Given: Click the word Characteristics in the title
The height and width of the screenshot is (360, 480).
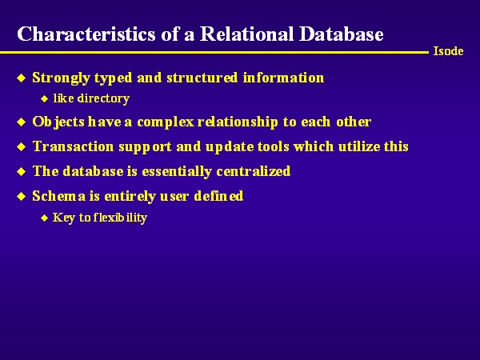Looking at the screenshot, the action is (86, 34).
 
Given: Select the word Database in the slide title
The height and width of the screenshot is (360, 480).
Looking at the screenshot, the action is (342, 34).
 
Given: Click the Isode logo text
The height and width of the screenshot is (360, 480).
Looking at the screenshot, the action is (448, 51).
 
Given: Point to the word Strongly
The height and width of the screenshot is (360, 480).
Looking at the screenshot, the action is (61, 78).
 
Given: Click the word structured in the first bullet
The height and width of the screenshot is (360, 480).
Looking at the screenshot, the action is (202, 78).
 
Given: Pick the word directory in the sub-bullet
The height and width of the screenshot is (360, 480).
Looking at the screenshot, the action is (103, 99).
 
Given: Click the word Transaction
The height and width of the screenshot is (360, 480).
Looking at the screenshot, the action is (73, 146).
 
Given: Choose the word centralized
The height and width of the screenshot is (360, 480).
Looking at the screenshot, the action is (253, 171).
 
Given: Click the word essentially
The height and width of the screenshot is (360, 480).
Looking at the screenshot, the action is (177, 172).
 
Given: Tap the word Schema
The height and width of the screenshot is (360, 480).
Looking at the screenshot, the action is (58, 196).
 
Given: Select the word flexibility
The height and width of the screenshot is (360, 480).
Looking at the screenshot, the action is (120, 218).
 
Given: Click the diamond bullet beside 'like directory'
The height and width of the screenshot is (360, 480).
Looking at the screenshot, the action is (45, 99).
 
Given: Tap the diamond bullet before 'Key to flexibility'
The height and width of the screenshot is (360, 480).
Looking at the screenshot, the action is (45, 218).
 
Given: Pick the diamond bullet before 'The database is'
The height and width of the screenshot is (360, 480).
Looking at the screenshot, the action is (22, 171).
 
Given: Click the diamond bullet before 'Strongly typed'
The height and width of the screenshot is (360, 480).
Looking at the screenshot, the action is (22, 78).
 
